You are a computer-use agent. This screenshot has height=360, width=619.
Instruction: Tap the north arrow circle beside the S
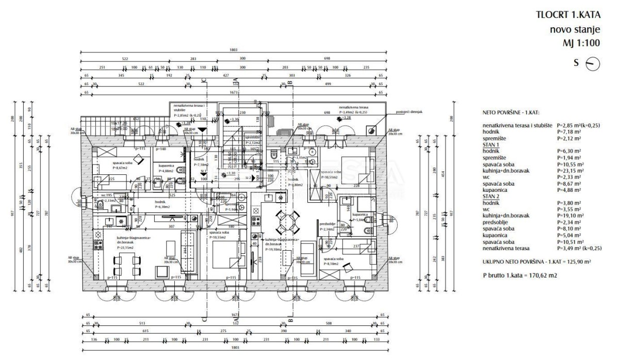594,64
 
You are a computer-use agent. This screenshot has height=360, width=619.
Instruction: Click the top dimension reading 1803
235,51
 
